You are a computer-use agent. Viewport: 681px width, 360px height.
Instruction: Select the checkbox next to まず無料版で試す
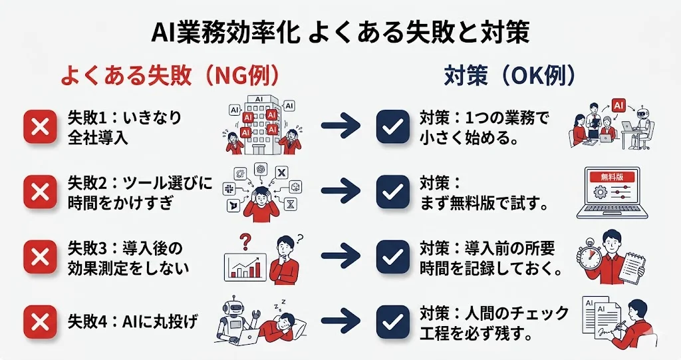click(x=392, y=192)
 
